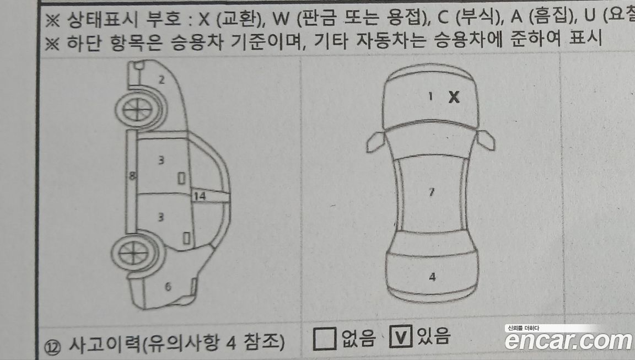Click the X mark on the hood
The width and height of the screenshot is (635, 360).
coord(454,97)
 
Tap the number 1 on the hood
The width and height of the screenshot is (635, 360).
coord(430,96)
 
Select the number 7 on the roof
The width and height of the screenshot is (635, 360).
coord(432,191)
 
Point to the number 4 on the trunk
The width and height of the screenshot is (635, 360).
coord(433,277)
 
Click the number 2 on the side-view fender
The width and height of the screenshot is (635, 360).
coord(162,79)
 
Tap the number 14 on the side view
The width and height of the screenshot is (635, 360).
coord(200,196)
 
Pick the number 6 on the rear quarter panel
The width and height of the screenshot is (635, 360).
coord(168,286)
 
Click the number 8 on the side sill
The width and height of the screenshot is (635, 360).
coord(132,176)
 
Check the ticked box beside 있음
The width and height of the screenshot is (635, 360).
coord(401,336)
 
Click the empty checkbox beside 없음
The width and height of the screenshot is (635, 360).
coord(325,338)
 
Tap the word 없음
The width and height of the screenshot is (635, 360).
coord(358,338)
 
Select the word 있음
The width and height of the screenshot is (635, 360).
coord(433,336)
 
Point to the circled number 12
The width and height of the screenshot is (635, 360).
coord(52,347)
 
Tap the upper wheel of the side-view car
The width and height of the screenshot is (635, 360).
coord(138,109)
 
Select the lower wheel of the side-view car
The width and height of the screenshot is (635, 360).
coord(133,254)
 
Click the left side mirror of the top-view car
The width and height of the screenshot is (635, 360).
coord(376,142)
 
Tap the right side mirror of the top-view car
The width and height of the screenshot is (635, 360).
coord(485,140)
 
